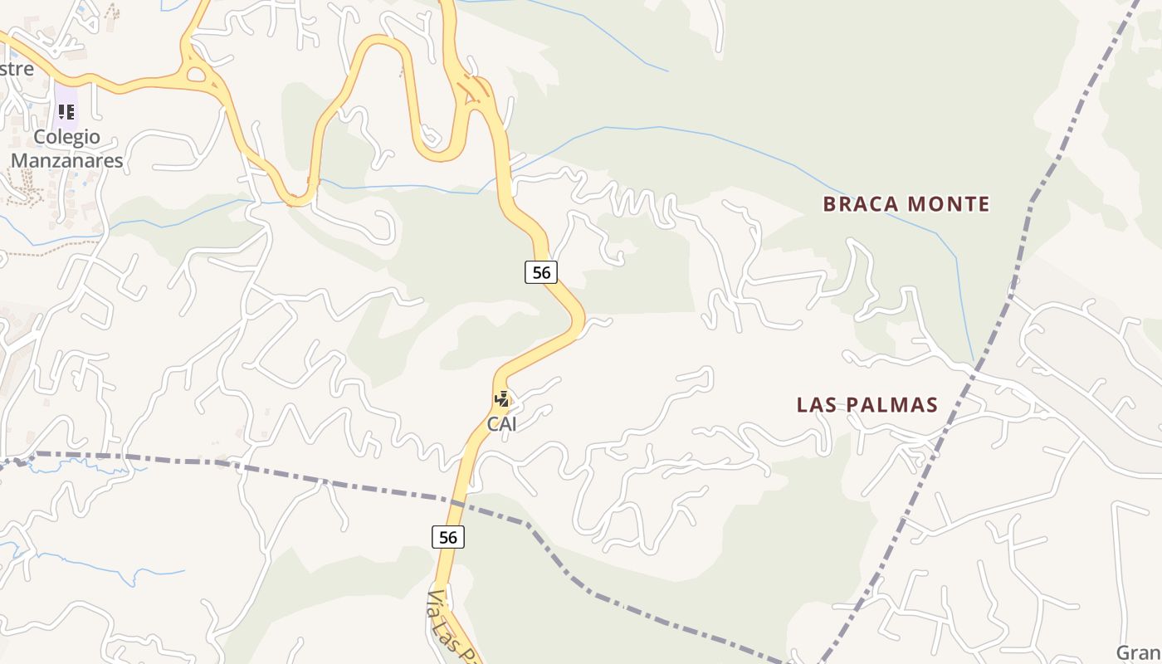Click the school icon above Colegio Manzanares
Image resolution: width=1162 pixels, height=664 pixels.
[66, 111]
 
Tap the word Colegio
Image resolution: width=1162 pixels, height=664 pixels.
[66, 137]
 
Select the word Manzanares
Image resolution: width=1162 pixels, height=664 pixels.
[67, 160]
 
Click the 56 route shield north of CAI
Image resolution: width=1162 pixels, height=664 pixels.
[540, 271]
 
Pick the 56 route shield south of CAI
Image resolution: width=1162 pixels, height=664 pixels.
[447, 537]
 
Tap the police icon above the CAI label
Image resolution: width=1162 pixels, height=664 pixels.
[501, 400]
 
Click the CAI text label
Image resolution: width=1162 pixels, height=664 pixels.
[501, 424]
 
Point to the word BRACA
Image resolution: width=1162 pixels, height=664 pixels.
[860, 204]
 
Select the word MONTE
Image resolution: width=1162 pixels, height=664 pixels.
[949, 204]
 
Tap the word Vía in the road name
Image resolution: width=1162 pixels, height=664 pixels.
[438, 604]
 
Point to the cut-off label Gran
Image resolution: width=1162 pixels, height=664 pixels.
[1138, 652]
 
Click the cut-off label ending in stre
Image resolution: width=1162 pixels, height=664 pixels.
[17, 69]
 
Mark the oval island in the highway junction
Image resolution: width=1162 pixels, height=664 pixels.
[198, 76]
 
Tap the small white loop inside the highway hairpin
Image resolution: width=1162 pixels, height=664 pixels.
[430, 135]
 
